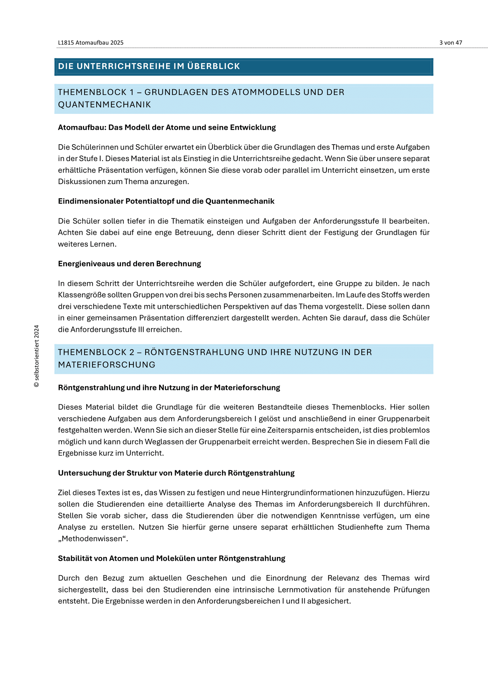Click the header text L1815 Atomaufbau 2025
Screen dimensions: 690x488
pyautogui.click(x=91, y=43)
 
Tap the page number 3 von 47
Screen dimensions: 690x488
pyautogui.click(x=451, y=43)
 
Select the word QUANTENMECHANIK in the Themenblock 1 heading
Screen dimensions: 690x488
pyautogui.click(x=104, y=105)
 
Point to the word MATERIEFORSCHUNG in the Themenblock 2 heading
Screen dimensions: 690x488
pyautogui.click(x=107, y=365)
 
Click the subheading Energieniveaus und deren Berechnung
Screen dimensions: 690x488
pyautogui.click(x=129, y=264)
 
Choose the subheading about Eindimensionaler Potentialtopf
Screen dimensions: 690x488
pyautogui.click(x=166, y=201)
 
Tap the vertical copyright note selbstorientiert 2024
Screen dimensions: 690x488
pyautogui.click(x=36, y=356)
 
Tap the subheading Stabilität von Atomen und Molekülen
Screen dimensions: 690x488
pyautogui.click(x=172, y=559)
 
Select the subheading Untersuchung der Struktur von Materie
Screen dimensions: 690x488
pyautogui.click(x=176, y=473)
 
